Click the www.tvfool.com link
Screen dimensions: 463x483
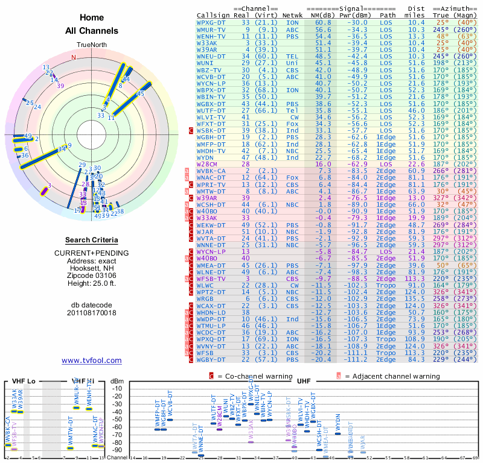coord(92,361)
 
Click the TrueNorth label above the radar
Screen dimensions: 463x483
coord(91,46)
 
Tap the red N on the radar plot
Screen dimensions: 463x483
coord(74,58)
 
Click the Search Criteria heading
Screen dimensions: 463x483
coord(91,240)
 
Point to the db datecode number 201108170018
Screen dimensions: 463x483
coord(91,313)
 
